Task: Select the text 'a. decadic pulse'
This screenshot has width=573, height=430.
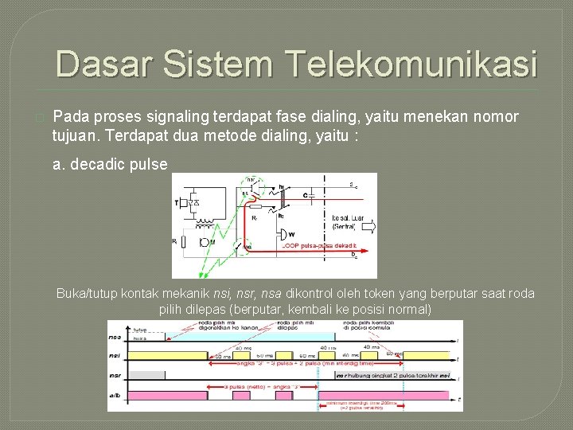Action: (110, 164)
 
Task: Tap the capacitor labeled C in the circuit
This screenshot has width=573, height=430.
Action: (306, 193)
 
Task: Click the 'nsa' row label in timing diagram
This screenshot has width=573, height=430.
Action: (116, 338)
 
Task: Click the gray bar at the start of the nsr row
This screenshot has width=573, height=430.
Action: (146, 374)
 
